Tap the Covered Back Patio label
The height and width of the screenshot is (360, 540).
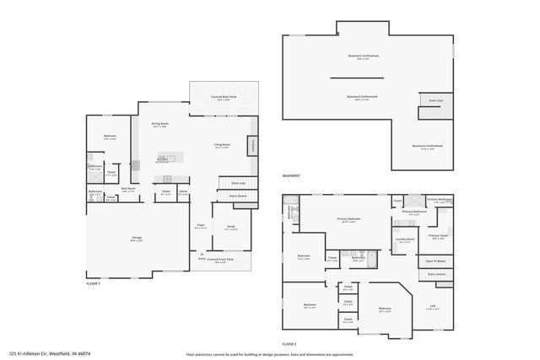[224, 99]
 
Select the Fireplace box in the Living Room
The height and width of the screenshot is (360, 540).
[251, 146]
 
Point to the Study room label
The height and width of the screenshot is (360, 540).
[230, 227]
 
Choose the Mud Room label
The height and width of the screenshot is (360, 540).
[129, 190]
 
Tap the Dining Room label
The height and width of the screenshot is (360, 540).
[159, 126]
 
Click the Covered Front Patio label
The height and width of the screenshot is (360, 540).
[220, 261]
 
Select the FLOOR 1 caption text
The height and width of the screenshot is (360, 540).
[93, 284]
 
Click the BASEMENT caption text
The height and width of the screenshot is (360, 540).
[291, 176]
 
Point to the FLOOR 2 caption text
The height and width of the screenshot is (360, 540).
[289, 343]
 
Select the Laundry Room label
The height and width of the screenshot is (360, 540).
[405, 239]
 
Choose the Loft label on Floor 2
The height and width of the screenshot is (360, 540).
[433, 309]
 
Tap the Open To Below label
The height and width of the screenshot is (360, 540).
[435, 261]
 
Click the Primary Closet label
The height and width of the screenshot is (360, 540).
[437, 236]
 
